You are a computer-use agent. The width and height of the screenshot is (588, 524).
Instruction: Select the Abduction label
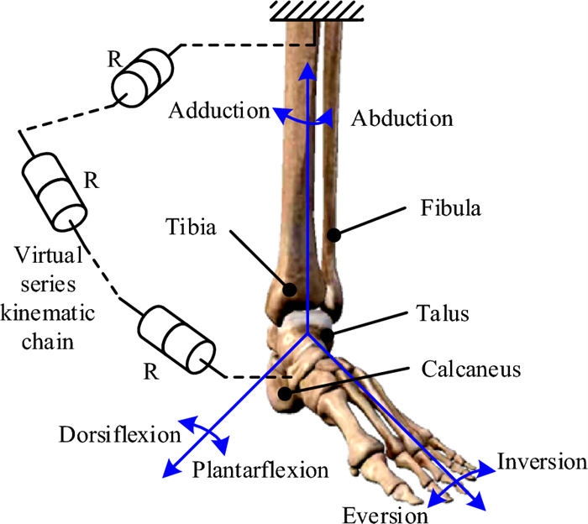pyautogui.click(x=401, y=118)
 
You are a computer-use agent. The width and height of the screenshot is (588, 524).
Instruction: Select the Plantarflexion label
pyautogui.click(x=260, y=469)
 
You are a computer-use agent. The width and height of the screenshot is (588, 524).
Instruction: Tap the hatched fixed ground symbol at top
pyautogui.click(x=316, y=9)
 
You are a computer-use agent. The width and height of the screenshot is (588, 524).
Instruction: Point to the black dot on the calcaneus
pyautogui.click(x=286, y=391)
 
